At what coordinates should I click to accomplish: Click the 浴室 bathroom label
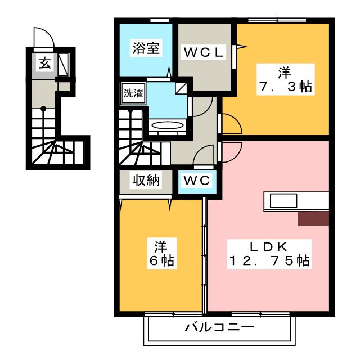(x=146, y=48)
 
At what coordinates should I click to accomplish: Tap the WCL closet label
(x=205, y=52)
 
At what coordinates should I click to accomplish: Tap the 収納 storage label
(x=146, y=181)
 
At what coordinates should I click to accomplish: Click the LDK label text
(x=269, y=246)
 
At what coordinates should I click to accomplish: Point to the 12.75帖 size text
(x=269, y=261)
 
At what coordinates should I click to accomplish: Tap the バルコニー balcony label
(x=220, y=327)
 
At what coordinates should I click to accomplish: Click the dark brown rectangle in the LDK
(x=313, y=218)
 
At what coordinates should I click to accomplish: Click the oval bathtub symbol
(x=168, y=125)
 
